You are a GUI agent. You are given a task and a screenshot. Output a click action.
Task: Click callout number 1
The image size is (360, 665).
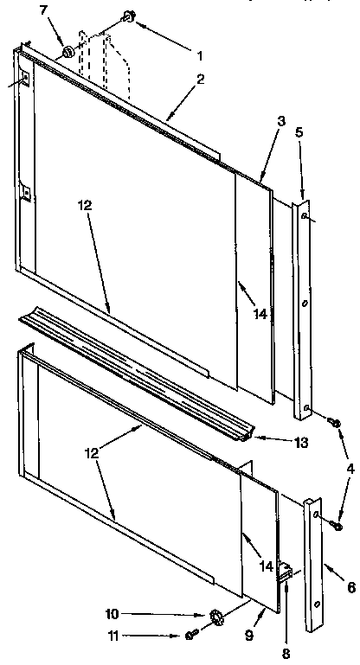point(200,56)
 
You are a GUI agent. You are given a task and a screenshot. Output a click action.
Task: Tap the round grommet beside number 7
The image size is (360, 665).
point(66,54)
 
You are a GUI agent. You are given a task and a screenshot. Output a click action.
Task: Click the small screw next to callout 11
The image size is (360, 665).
point(190,636)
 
